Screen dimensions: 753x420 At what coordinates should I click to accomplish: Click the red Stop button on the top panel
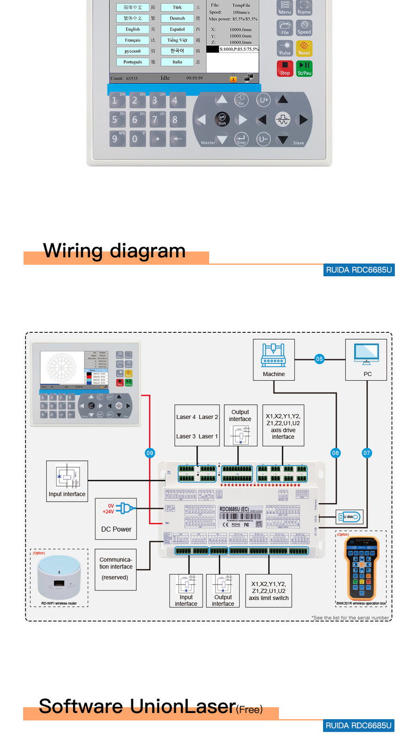click(284, 69)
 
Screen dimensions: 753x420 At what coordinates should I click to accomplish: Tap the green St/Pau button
click(304, 69)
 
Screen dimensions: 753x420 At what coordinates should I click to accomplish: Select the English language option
click(133, 29)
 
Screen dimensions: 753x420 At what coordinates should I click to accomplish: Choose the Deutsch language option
click(177, 18)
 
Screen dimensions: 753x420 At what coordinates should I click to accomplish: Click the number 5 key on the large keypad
click(115, 120)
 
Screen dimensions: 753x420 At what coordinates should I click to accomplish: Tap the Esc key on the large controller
click(242, 99)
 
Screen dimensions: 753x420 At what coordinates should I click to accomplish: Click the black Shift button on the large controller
click(222, 119)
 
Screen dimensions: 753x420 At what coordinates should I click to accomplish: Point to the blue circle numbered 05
click(319, 359)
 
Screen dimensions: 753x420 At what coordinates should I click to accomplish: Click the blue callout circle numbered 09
click(150, 453)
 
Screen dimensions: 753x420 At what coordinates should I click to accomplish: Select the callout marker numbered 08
click(335, 453)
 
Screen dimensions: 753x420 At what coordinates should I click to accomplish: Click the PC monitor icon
click(367, 353)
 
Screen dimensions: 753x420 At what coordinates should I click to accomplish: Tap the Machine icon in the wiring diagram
click(274, 356)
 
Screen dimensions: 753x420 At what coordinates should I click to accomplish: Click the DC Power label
click(116, 529)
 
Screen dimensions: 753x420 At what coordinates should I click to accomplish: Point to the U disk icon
click(349, 517)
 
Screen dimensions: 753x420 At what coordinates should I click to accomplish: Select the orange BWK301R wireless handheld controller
click(361, 568)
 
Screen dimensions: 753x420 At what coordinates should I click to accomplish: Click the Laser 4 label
click(186, 417)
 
